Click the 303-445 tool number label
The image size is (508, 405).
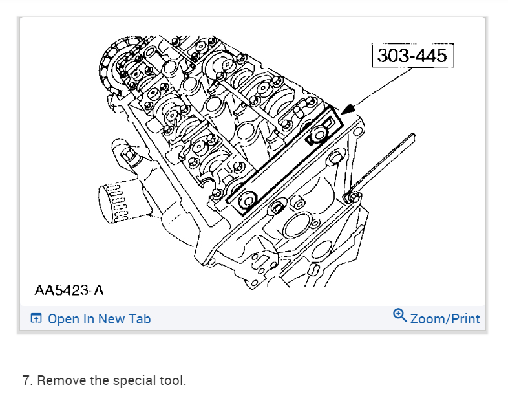[x=412, y=56]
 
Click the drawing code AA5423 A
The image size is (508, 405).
[x=69, y=290]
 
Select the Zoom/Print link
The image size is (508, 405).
[x=445, y=319]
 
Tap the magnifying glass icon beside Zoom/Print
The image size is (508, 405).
[x=400, y=315]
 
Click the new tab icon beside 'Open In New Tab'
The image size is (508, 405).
[x=36, y=318]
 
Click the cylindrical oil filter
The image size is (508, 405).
[x=113, y=202]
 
